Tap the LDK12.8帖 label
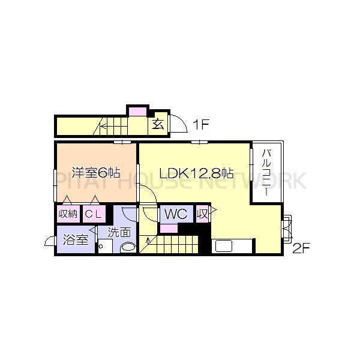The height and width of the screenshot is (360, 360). click(x=196, y=173)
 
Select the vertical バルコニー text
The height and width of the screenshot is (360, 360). click(x=267, y=170)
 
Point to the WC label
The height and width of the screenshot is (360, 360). click(x=176, y=214)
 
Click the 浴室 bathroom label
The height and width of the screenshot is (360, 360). click(x=75, y=241)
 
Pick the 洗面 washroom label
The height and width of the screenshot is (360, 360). click(x=119, y=232)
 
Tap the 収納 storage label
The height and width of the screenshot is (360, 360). click(x=67, y=214)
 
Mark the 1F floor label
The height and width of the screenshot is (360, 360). click(x=200, y=125)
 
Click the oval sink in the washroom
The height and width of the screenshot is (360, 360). click(x=127, y=247)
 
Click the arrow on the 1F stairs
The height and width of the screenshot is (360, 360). click(x=103, y=126)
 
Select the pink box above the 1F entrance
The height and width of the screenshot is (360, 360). click(x=137, y=110)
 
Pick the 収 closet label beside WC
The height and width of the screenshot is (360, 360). click(x=203, y=214)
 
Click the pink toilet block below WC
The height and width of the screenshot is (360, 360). click(x=169, y=228)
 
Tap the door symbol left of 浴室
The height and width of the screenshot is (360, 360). click(x=50, y=241)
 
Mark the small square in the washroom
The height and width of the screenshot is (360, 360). click(x=102, y=246)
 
